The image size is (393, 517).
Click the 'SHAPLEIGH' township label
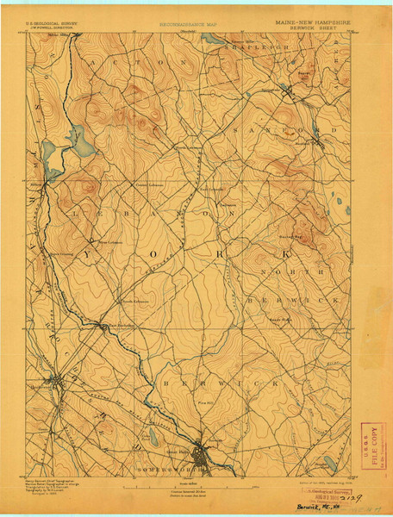(259, 48)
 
